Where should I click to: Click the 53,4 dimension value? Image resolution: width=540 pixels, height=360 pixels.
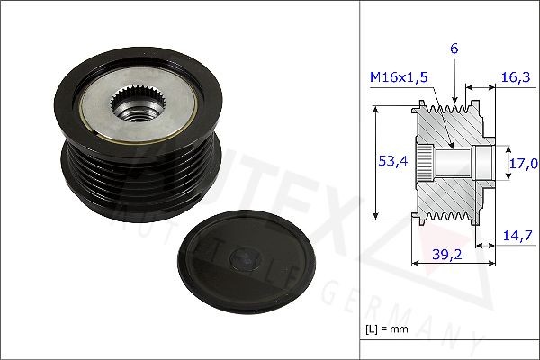385,161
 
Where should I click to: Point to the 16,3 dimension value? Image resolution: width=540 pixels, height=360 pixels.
515,78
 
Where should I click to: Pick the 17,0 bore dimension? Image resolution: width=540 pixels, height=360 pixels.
524,163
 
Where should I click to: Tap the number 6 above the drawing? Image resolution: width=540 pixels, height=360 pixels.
454,49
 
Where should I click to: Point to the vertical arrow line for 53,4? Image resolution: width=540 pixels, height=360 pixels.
374,162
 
